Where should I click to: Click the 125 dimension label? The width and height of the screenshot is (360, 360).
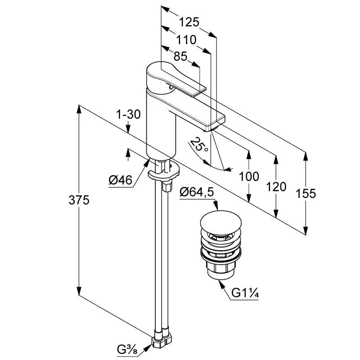[189, 22]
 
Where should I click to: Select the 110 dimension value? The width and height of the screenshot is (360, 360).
[186, 40]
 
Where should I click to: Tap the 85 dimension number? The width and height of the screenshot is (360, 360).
[180, 57]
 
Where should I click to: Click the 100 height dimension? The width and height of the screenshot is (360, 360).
[249, 176]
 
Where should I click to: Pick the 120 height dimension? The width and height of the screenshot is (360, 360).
[276, 186]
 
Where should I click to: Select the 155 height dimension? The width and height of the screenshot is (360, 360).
[306, 193]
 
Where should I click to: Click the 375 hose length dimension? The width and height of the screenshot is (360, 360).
[79, 200]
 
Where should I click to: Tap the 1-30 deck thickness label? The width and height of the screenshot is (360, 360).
[128, 115]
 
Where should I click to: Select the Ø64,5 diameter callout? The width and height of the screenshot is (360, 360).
[196, 193]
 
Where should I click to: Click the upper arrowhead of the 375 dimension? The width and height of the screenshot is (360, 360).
[79, 108]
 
